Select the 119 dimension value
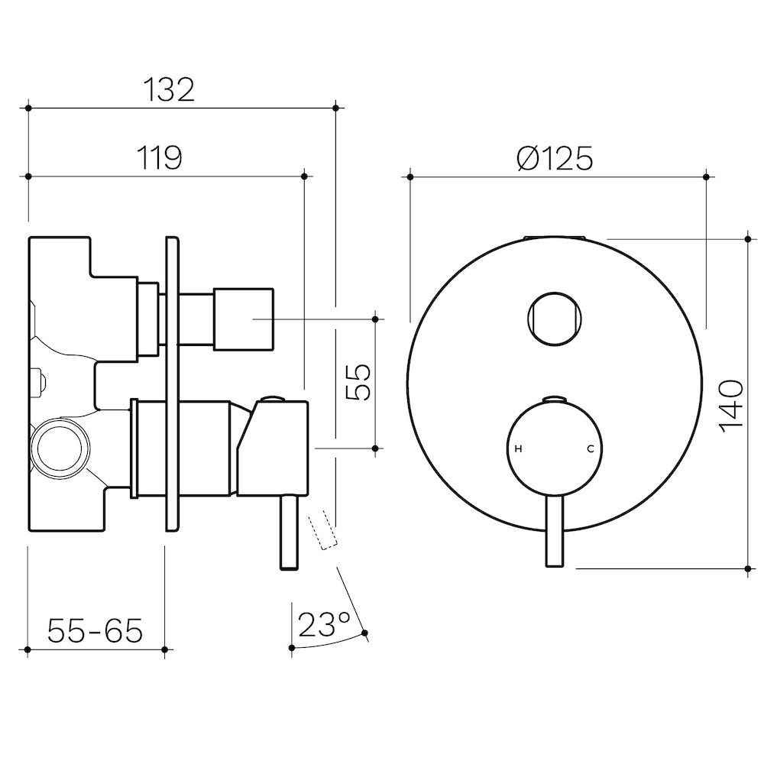[160, 158]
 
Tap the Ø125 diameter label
[555, 158]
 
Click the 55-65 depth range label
[95, 630]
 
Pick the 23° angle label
[324, 624]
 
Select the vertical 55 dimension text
[358, 383]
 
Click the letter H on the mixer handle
[519, 448]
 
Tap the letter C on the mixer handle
[590, 448]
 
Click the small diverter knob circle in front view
[555, 319]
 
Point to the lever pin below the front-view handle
[555, 532]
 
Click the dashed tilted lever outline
[322, 530]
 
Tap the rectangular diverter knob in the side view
[243, 319]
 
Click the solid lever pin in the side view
[290, 533]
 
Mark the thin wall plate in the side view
[172, 384]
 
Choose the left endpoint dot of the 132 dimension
[28, 108]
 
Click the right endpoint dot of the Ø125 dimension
[707, 176]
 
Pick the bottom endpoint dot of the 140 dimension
[748, 568]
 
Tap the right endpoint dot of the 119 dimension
[305, 176]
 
